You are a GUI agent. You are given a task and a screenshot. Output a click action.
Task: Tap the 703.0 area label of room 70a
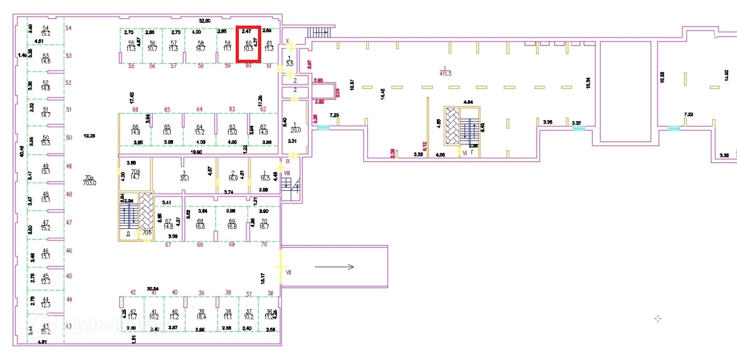point(89,183)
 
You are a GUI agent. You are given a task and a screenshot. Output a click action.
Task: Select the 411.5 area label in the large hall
point(445,74)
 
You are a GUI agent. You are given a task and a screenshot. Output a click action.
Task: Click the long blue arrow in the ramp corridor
point(334,267)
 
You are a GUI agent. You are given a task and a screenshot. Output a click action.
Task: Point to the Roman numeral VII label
point(288,272)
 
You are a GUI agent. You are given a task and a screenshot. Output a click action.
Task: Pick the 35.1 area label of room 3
point(184,178)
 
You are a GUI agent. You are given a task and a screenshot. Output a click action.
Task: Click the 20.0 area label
point(295,130)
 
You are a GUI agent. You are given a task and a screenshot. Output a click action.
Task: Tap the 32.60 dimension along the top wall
point(204,21)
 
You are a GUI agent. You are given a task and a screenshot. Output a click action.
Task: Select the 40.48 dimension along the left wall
point(22,151)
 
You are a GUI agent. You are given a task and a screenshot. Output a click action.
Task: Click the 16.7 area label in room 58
point(201,49)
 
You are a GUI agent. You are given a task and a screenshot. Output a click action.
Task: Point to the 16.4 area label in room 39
point(201,317)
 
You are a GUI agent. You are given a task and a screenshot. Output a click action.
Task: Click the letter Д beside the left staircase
point(128,234)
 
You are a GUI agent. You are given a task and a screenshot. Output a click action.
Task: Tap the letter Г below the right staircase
point(472,153)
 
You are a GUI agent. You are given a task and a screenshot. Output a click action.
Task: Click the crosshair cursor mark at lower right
point(658,319)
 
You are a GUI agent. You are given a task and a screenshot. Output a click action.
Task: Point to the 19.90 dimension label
point(196,152)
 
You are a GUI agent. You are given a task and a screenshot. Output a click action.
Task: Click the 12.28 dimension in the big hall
point(89,136)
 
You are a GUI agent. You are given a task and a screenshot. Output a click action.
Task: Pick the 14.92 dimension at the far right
point(726,75)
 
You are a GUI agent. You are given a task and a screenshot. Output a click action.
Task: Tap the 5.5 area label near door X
point(290,64)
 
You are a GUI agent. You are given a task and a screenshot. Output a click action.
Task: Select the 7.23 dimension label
point(334,115)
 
